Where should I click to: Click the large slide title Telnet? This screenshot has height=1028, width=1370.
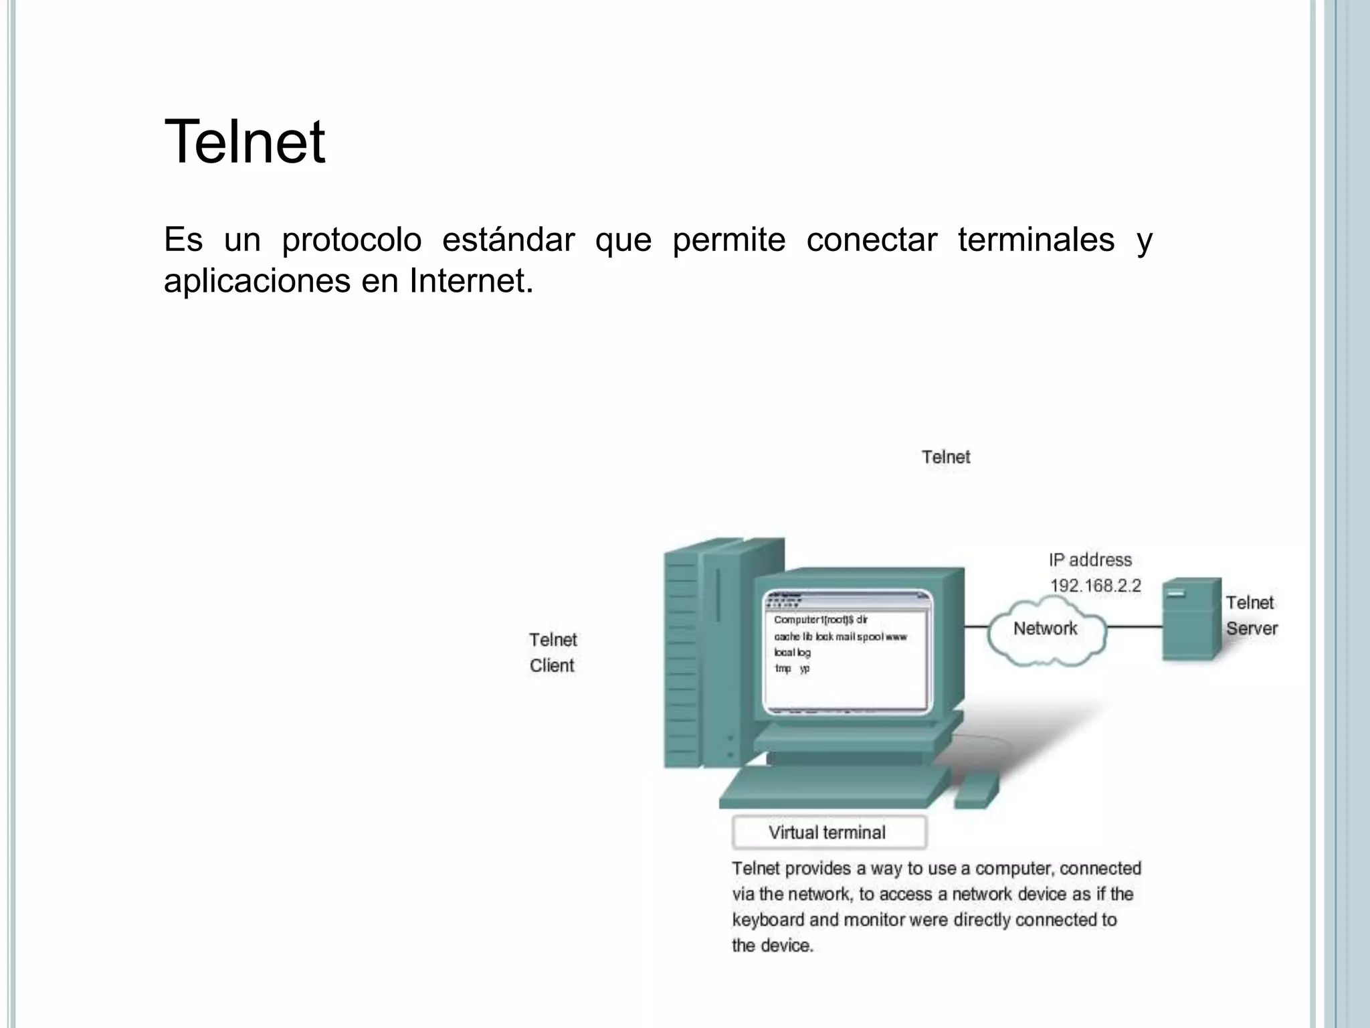tap(245, 141)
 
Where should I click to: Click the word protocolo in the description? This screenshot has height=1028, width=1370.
tap(351, 240)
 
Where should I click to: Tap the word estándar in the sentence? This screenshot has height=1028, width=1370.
tap(508, 240)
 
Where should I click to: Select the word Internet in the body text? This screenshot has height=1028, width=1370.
tap(471, 280)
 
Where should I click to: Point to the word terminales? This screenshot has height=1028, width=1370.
tap(1036, 240)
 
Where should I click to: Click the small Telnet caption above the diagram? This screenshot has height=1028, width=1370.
tap(945, 457)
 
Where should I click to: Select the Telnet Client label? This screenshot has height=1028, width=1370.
tap(553, 653)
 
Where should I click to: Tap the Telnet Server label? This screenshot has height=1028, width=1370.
tap(1251, 616)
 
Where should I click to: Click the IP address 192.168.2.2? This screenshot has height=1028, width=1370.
tap(1095, 586)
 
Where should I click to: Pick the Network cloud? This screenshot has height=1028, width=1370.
tap(1046, 629)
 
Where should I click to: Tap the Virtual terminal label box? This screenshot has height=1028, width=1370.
tap(829, 833)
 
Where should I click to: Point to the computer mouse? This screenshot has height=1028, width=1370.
tap(976, 790)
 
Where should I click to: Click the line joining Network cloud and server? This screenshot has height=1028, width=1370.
tap(1134, 627)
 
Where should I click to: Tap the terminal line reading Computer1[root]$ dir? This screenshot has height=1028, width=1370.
tap(821, 620)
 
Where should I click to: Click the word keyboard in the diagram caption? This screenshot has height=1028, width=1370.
tap(768, 920)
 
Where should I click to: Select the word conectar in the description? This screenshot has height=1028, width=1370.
tap(871, 240)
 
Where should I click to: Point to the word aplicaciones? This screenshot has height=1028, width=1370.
tap(257, 280)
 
